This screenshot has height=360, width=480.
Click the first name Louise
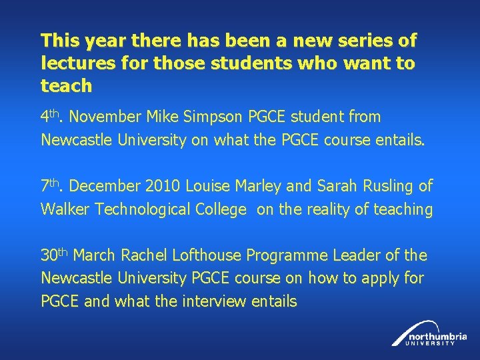tap(210, 186)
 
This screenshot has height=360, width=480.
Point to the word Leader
tap(359, 255)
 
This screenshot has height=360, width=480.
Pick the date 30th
tap(55, 255)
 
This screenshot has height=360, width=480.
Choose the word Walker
tap(65, 209)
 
